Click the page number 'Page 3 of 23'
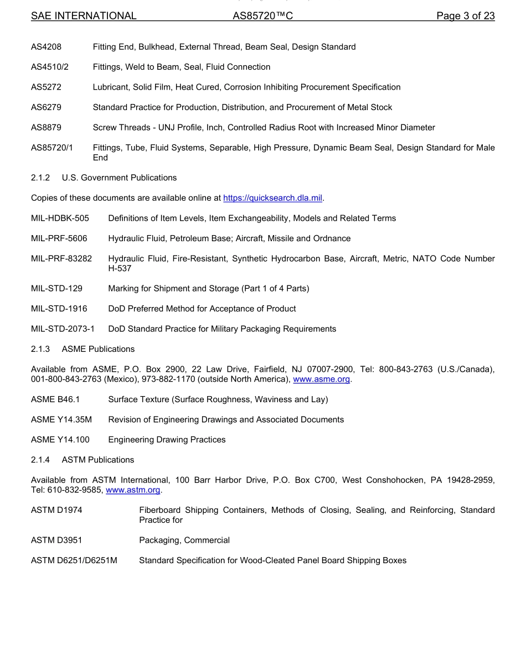tap(465, 16)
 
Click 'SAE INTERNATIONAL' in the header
tap(84, 16)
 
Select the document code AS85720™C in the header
tap(262, 16)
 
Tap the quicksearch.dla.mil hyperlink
tap(272, 198)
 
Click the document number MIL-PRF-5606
tap(59, 238)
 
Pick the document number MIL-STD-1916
tap(59, 309)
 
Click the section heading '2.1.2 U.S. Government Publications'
tap(104, 178)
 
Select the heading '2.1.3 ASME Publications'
tap(82, 349)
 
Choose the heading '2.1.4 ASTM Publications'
tap(82, 460)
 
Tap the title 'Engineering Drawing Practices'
tap(167, 440)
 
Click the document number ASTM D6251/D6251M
tap(74, 560)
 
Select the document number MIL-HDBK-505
tap(60, 219)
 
